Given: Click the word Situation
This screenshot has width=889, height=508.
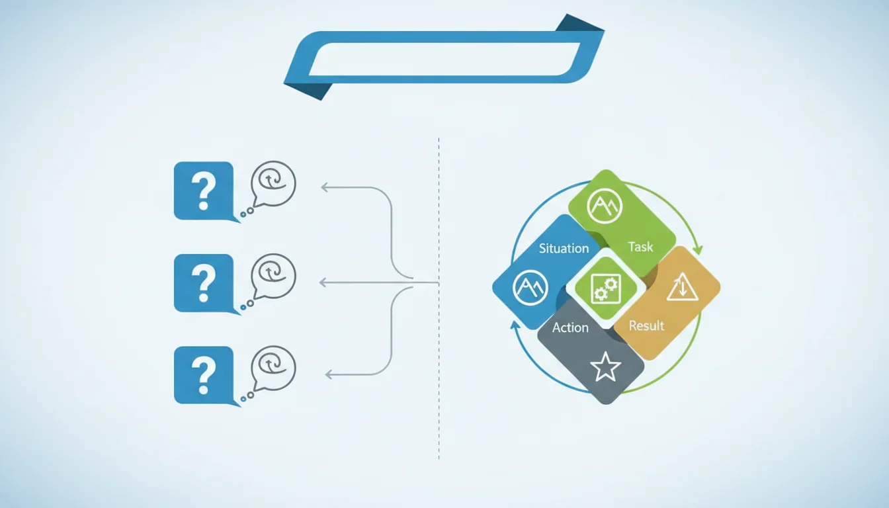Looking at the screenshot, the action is (564, 249).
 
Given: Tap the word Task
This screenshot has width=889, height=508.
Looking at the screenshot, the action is (640, 247).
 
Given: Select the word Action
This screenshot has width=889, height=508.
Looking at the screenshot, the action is (570, 327).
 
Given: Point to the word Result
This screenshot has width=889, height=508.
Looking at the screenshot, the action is (646, 326).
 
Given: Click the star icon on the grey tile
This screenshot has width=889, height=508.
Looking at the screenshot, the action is (605, 366).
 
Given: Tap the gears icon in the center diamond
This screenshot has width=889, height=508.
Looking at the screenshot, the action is (606, 288).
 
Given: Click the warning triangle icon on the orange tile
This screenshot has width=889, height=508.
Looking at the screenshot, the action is (682, 286).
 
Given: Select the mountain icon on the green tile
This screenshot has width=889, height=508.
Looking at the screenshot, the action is (605, 206).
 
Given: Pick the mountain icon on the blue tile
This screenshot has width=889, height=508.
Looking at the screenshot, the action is (530, 287).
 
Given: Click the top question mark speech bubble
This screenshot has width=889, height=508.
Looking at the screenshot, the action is (204, 191).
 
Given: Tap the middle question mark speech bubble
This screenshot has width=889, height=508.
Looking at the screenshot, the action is (204, 283).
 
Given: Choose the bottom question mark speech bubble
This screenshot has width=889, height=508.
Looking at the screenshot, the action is (204, 376).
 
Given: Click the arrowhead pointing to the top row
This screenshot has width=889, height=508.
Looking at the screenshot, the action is (324, 187).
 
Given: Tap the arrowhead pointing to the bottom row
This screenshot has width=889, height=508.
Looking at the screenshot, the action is (329, 374).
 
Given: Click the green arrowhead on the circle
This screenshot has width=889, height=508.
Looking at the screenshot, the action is (697, 250).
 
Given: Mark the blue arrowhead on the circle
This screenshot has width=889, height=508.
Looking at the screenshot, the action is (515, 325).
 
